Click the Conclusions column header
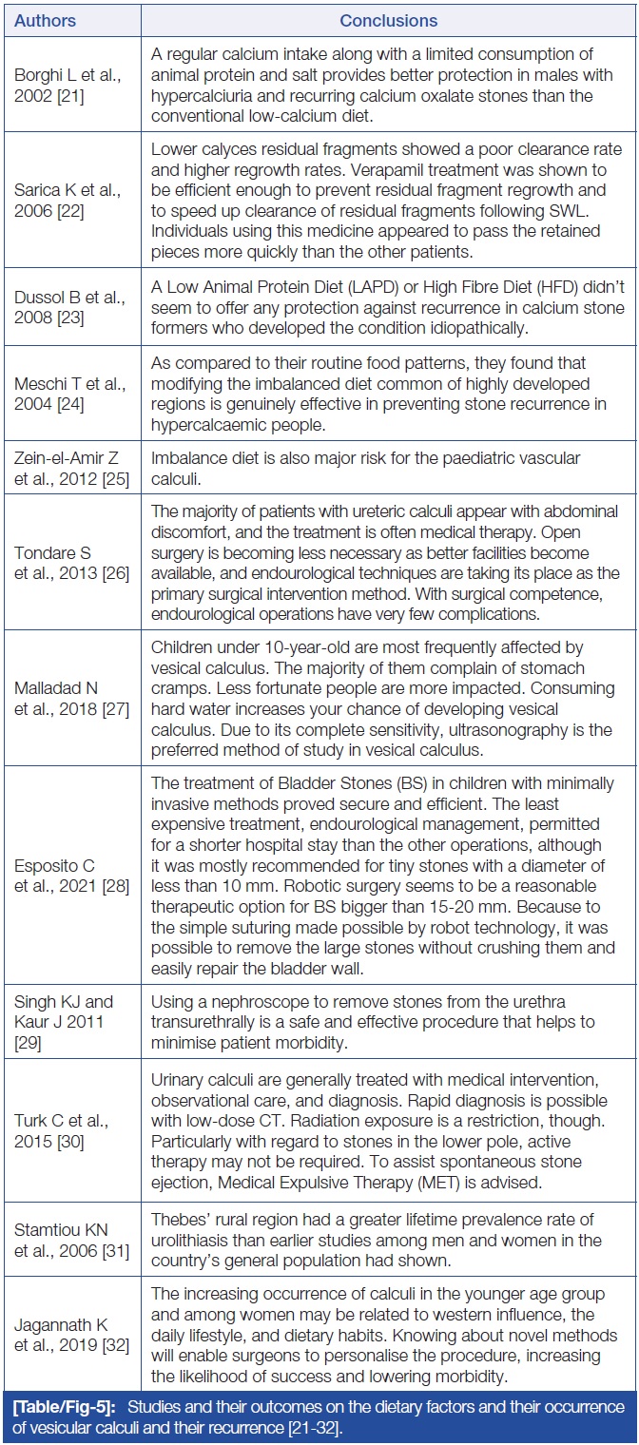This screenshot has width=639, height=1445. pos(388,19)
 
